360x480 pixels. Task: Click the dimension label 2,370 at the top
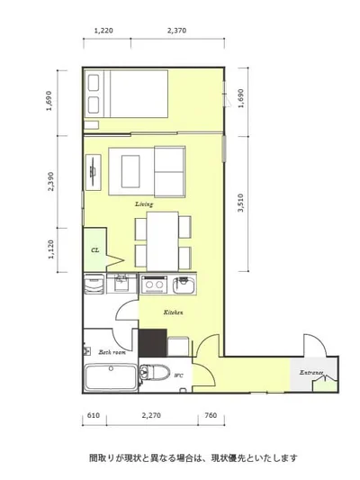[176, 31]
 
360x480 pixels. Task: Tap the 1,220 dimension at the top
[103, 31]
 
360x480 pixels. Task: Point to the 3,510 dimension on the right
[241, 203]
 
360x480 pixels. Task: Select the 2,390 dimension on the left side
[50, 181]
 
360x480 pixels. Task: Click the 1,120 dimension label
[50, 249]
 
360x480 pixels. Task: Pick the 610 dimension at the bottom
[94, 415]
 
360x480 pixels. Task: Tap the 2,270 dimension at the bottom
[151, 415]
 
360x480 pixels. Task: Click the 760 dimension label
[211, 415]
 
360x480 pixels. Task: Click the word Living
[144, 204]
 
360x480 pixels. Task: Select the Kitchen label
[173, 312]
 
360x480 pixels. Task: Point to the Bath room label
[112, 352]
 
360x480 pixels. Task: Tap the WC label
[178, 376]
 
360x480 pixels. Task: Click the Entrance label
[311, 373]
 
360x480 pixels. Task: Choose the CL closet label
[95, 250]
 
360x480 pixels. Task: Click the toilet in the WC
[155, 372]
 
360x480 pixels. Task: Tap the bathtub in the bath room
[111, 377]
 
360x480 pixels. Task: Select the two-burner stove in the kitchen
[154, 285]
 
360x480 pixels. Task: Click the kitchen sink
[184, 285]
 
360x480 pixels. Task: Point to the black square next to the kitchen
[153, 343]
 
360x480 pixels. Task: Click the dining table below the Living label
[162, 241]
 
